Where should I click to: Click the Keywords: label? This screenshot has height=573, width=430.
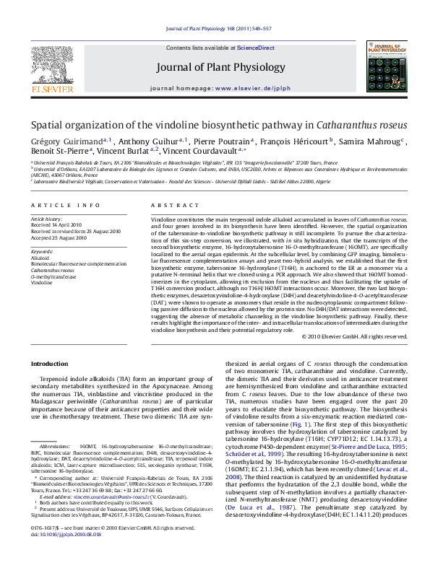click(43, 250)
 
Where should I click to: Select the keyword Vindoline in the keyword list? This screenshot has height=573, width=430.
click(42, 283)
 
